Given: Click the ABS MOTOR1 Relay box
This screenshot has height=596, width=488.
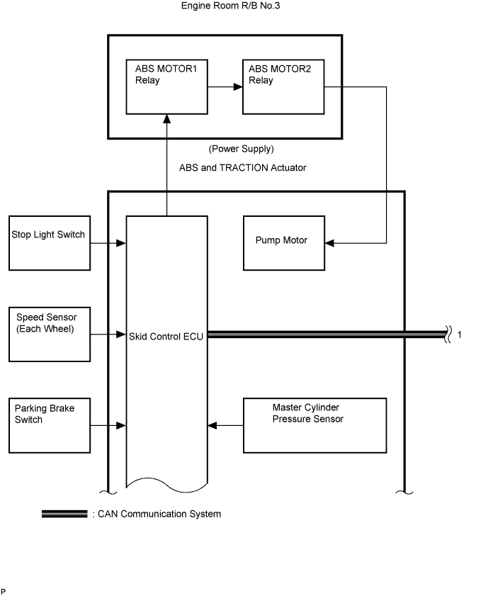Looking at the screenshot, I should (166, 87).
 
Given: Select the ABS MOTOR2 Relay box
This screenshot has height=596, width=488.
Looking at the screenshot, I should (283, 87).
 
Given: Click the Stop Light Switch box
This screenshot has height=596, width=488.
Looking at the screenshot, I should (50, 243).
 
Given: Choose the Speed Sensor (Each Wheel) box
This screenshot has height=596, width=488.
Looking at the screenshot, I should (50, 333).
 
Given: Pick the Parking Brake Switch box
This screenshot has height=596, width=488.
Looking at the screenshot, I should (50, 425).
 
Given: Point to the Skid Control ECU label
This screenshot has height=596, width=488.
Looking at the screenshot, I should (166, 336).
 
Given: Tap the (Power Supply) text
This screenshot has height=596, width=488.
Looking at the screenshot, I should (241, 150).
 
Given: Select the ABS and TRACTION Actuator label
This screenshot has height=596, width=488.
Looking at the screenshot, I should (243, 167).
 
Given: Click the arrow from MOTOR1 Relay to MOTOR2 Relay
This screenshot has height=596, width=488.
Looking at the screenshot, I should (225, 87).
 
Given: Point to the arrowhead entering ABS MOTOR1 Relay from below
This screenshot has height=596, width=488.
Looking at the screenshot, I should (166, 118).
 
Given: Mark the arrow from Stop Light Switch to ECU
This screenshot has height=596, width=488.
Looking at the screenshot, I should (108, 243).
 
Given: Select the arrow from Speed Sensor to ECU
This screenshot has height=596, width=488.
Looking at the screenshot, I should (108, 333).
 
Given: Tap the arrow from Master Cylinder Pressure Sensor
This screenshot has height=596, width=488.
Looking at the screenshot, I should (225, 425).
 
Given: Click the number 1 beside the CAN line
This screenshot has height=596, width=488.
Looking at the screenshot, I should (460, 334).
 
